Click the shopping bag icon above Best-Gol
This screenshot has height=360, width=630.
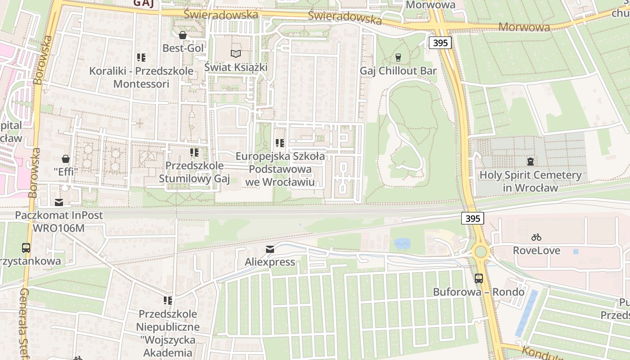(183, 35)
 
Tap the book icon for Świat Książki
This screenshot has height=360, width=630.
(236, 54)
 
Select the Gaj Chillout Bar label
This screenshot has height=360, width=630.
(398, 71)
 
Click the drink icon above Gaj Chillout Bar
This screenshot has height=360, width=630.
(398, 57)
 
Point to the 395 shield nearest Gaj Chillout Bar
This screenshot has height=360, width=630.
(440, 43)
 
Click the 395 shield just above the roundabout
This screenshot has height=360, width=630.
(472, 218)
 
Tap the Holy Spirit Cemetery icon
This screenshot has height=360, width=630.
(531, 161)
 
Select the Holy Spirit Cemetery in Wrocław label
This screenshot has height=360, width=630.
(531, 181)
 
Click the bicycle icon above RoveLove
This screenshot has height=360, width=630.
(536, 237)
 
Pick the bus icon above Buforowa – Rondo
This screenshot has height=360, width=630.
(479, 278)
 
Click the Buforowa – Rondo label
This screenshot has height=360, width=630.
(479, 292)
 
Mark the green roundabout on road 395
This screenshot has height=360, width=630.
(481, 251)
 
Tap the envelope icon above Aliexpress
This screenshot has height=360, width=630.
(270, 249)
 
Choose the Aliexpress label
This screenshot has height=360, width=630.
(270, 261)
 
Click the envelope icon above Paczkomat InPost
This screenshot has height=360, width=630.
(59, 202)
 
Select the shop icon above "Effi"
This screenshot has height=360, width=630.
(66, 158)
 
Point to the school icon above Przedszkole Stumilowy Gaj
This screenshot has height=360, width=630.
(194, 153)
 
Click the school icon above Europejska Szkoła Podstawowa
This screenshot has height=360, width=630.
(279, 143)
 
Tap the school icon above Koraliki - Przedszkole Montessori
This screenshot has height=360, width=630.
(141, 58)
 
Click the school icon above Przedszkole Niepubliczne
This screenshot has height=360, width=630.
(168, 300)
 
